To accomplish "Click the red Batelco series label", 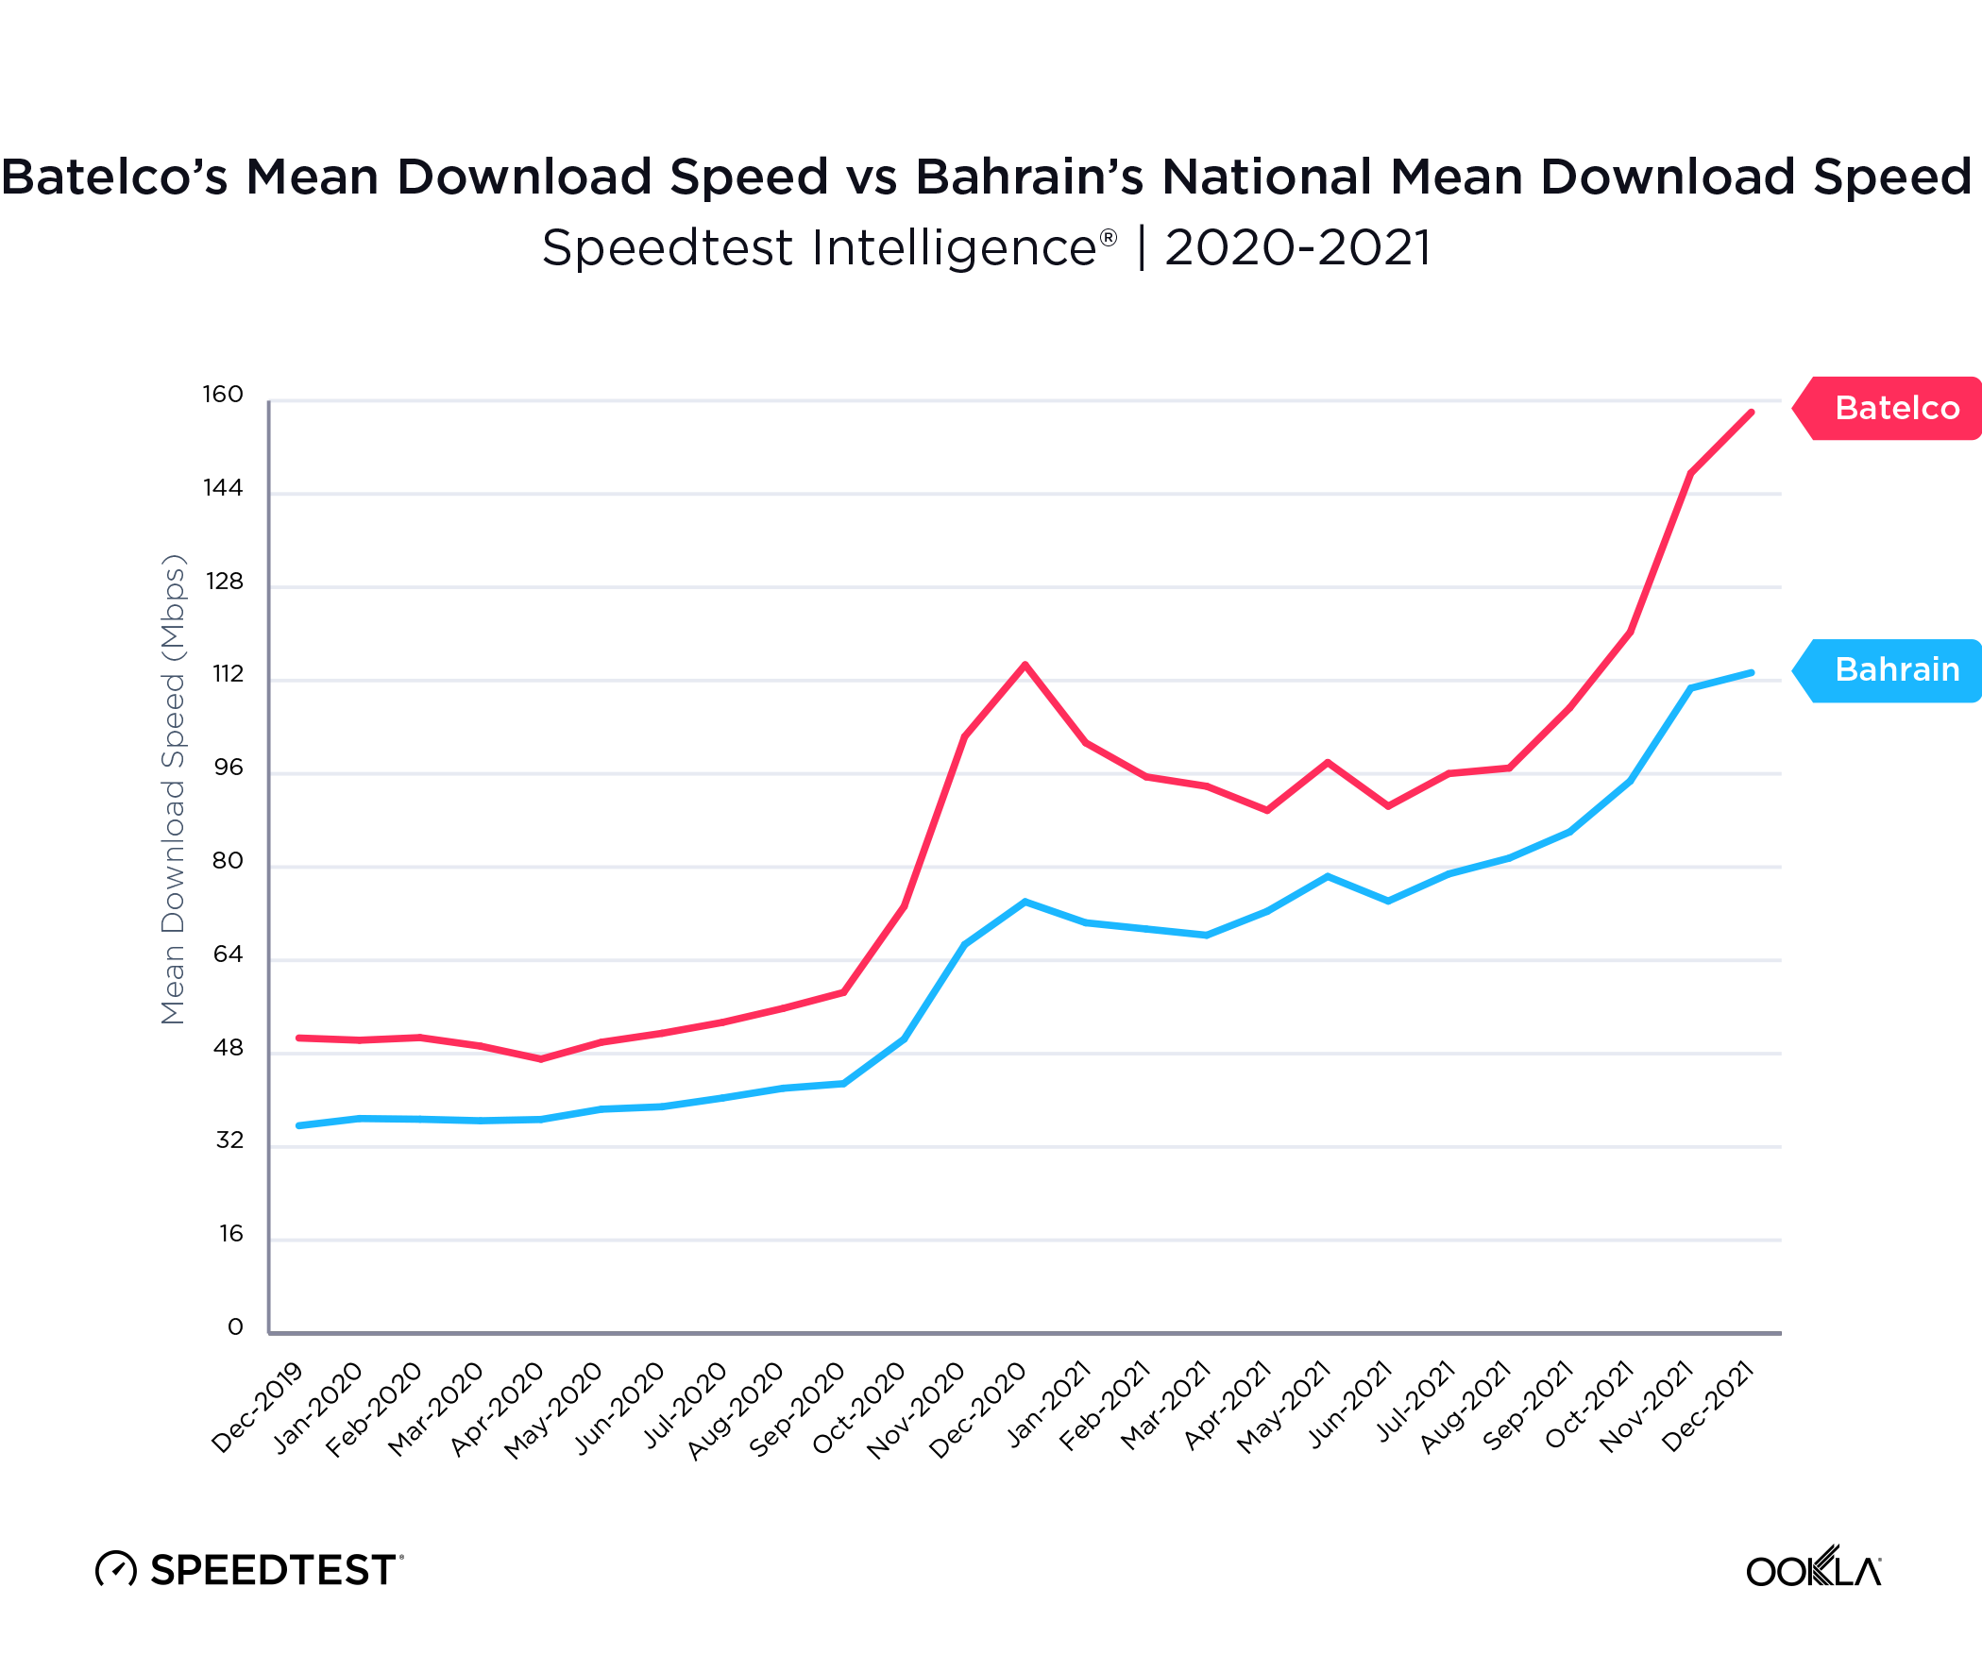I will (1895, 408).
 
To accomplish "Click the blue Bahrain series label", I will (1895, 669).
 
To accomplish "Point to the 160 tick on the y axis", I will (223, 395).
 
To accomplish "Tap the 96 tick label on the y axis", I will (229, 768).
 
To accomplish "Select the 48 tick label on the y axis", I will (229, 1047).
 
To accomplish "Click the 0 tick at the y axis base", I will (235, 1326).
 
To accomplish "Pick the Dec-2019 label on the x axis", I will (258, 1407).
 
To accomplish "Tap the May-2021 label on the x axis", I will (1284, 1407).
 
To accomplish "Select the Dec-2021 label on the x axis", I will (1708, 1407).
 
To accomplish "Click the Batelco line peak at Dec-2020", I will (1025, 665).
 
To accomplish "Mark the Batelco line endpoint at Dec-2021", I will (1752, 413).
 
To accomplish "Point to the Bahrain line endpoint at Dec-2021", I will (1752, 673).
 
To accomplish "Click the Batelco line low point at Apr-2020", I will (541, 1059).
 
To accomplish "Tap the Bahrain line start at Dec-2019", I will (299, 1125).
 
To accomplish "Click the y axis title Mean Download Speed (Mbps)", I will (174, 789).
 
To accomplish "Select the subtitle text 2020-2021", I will (1297, 248).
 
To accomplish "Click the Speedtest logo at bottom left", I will (249, 1569).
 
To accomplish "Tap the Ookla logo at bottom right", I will (1813, 1569).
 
